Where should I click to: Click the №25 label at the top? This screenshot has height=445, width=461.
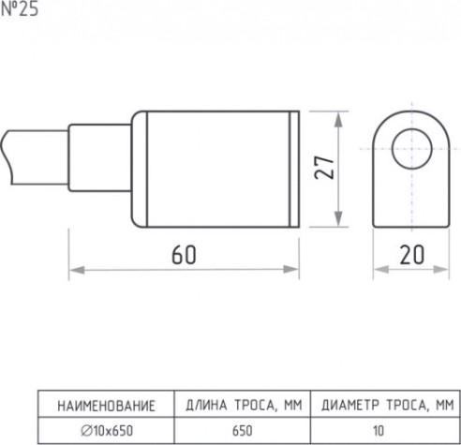pyautogui.click(x=20, y=9)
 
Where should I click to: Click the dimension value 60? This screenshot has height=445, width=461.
pyautogui.click(x=184, y=255)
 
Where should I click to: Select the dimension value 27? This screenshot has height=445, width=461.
pyautogui.click(x=324, y=168)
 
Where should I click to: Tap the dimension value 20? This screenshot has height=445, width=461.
pyautogui.click(x=412, y=255)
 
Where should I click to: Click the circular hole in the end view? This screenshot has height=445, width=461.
pyautogui.click(x=412, y=149)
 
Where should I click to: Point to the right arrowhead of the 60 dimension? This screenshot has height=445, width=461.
pyautogui.click(x=291, y=269)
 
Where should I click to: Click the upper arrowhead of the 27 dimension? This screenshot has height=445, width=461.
pyautogui.click(x=338, y=119)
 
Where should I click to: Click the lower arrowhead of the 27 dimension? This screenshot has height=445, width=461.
pyautogui.click(x=338, y=219)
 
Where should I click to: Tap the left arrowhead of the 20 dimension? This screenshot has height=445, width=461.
pyautogui.click(x=381, y=269)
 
